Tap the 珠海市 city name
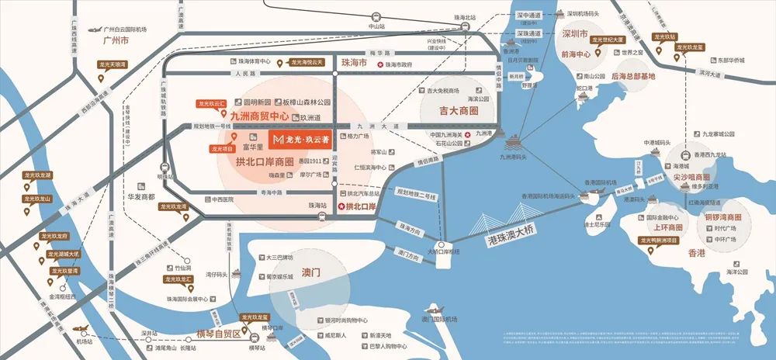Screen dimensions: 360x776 point(354,61)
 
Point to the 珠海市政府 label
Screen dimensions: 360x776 point(403,65)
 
